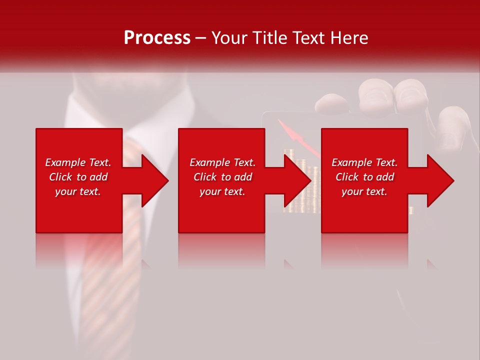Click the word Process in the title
point(157,38)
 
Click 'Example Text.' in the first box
point(78,162)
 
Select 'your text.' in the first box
point(78,191)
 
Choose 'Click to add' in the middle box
point(222,177)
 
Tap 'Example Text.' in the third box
point(364,162)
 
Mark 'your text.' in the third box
point(364,191)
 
